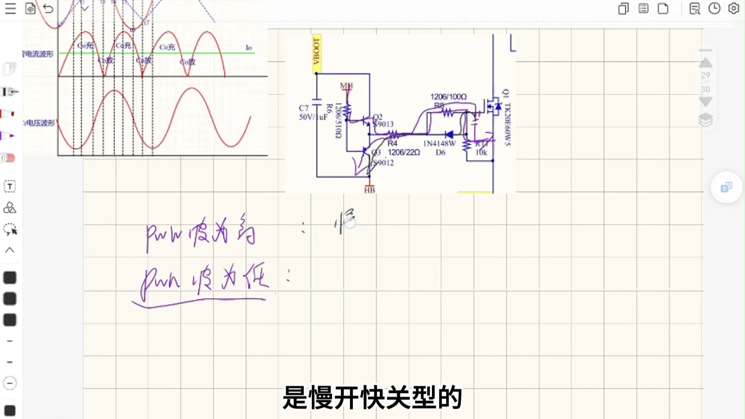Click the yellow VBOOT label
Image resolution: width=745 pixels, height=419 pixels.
coord(316,52)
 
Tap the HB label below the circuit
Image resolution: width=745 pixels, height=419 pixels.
coord(369,190)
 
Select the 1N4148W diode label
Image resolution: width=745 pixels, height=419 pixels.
coord(439,144)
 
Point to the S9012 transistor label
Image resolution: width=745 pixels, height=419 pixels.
coord(383,163)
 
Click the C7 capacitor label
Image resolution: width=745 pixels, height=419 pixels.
coord(304,108)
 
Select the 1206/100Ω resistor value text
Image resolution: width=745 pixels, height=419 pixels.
coord(448,96)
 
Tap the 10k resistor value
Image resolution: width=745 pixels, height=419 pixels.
coord(481,152)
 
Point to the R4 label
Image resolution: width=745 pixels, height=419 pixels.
coord(392,143)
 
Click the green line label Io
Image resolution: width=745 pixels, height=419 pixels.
coord(248,48)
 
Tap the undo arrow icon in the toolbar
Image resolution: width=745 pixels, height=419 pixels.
coord(48,8)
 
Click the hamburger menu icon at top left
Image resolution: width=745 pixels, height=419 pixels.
coord(10,8)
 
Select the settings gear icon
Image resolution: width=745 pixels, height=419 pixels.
coord(734,8)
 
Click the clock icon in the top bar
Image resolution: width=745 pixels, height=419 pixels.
coord(714,8)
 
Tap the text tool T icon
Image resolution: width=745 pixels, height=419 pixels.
coord(10,187)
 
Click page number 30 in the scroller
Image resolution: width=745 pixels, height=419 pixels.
coord(705,89)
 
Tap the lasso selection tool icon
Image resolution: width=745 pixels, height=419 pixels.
coord(10,229)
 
